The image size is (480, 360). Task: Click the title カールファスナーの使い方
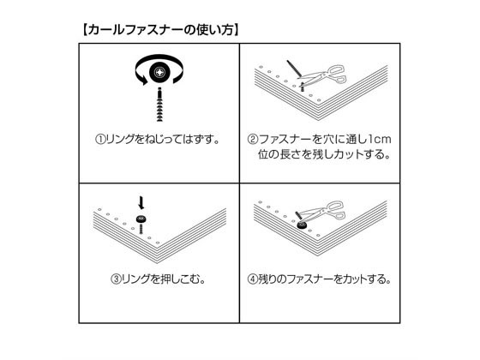pyautogui.click(x=160, y=30)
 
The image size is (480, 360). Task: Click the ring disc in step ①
pyautogui.click(x=159, y=72)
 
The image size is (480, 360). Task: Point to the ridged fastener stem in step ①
pyautogui.click(x=159, y=105)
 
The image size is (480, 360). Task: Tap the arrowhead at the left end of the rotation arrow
pyautogui.click(x=142, y=80)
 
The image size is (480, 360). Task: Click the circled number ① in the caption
pyautogui.click(x=100, y=140)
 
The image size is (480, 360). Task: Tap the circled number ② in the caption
pyautogui.click(x=253, y=140)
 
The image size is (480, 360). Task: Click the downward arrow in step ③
pyautogui.click(x=141, y=202)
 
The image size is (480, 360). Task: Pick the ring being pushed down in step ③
pyautogui.click(x=141, y=219)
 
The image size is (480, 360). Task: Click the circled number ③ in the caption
pyautogui.click(x=116, y=279)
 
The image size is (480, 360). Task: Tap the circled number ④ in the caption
pyautogui.click(x=253, y=279)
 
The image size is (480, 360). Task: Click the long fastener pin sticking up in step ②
pyautogui.click(x=295, y=69)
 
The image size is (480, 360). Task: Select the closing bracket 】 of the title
pyautogui.click(x=236, y=30)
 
